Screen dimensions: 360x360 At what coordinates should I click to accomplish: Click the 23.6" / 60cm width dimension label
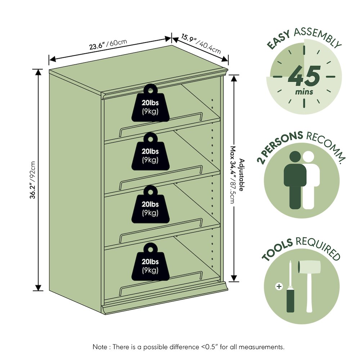point(108,44)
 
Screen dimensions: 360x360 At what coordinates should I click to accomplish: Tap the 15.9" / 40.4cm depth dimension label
point(201,44)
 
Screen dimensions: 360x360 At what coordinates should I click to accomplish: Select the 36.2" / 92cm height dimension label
point(33,180)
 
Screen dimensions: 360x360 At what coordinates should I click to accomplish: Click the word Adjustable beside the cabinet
point(242,175)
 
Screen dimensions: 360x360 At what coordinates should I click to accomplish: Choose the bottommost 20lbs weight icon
point(150,262)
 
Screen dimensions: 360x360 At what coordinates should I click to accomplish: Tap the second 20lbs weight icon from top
point(150,151)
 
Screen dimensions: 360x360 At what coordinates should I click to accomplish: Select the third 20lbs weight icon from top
point(150,204)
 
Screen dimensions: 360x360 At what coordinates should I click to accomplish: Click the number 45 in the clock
point(304,75)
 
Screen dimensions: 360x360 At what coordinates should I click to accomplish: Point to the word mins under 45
point(304,92)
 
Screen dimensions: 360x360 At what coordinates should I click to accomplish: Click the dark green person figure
point(295,180)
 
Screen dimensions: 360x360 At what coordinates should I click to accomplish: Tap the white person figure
point(310,180)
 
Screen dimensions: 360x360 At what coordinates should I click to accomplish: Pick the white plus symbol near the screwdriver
point(279,287)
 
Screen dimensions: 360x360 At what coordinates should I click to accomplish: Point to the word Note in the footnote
point(100,347)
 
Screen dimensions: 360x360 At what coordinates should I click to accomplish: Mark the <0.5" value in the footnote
point(210,347)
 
